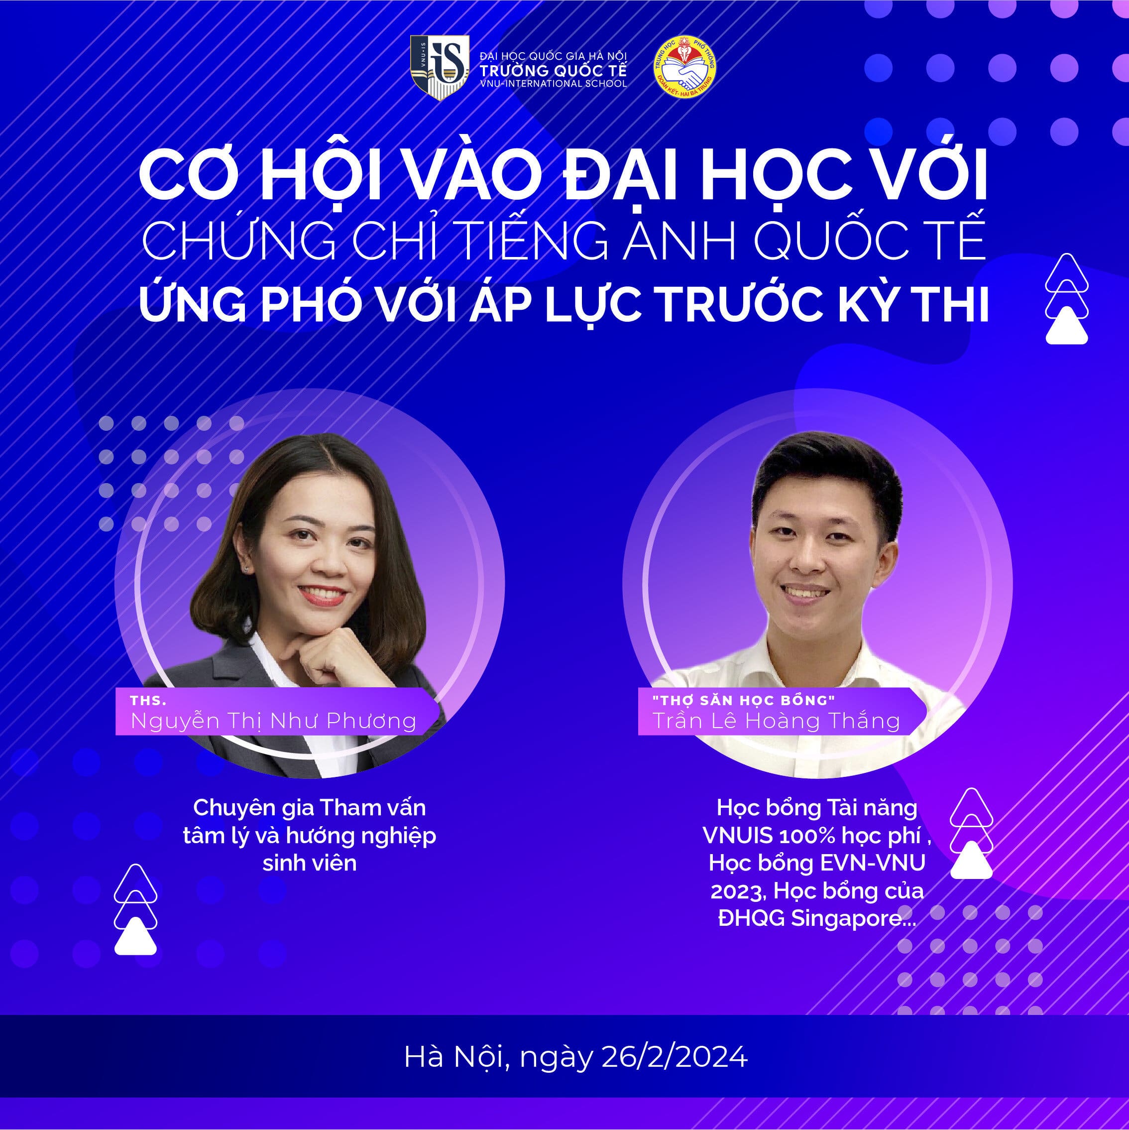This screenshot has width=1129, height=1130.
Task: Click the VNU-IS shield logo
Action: pyautogui.click(x=440, y=67)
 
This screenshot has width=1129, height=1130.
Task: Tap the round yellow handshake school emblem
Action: pyautogui.click(x=684, y=67)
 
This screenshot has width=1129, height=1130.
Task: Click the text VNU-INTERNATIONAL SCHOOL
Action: pyautogui.click(x=553, y=84)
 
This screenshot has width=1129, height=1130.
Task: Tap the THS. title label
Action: pyautogui.click(x=148, y=701)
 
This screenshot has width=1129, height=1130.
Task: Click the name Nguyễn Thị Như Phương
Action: pyautogui.click(x=274, y=721)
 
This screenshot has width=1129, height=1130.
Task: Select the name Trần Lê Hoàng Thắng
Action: pyautogui.click(x=776, y=721)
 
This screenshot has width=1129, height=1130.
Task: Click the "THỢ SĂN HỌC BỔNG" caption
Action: pyautogui.click(x=744, y=700)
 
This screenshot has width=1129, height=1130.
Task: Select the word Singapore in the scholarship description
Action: pyautogui.click(x=853, y=918)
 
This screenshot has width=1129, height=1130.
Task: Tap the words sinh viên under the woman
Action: pyautogui.click(x=309, y=863)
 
